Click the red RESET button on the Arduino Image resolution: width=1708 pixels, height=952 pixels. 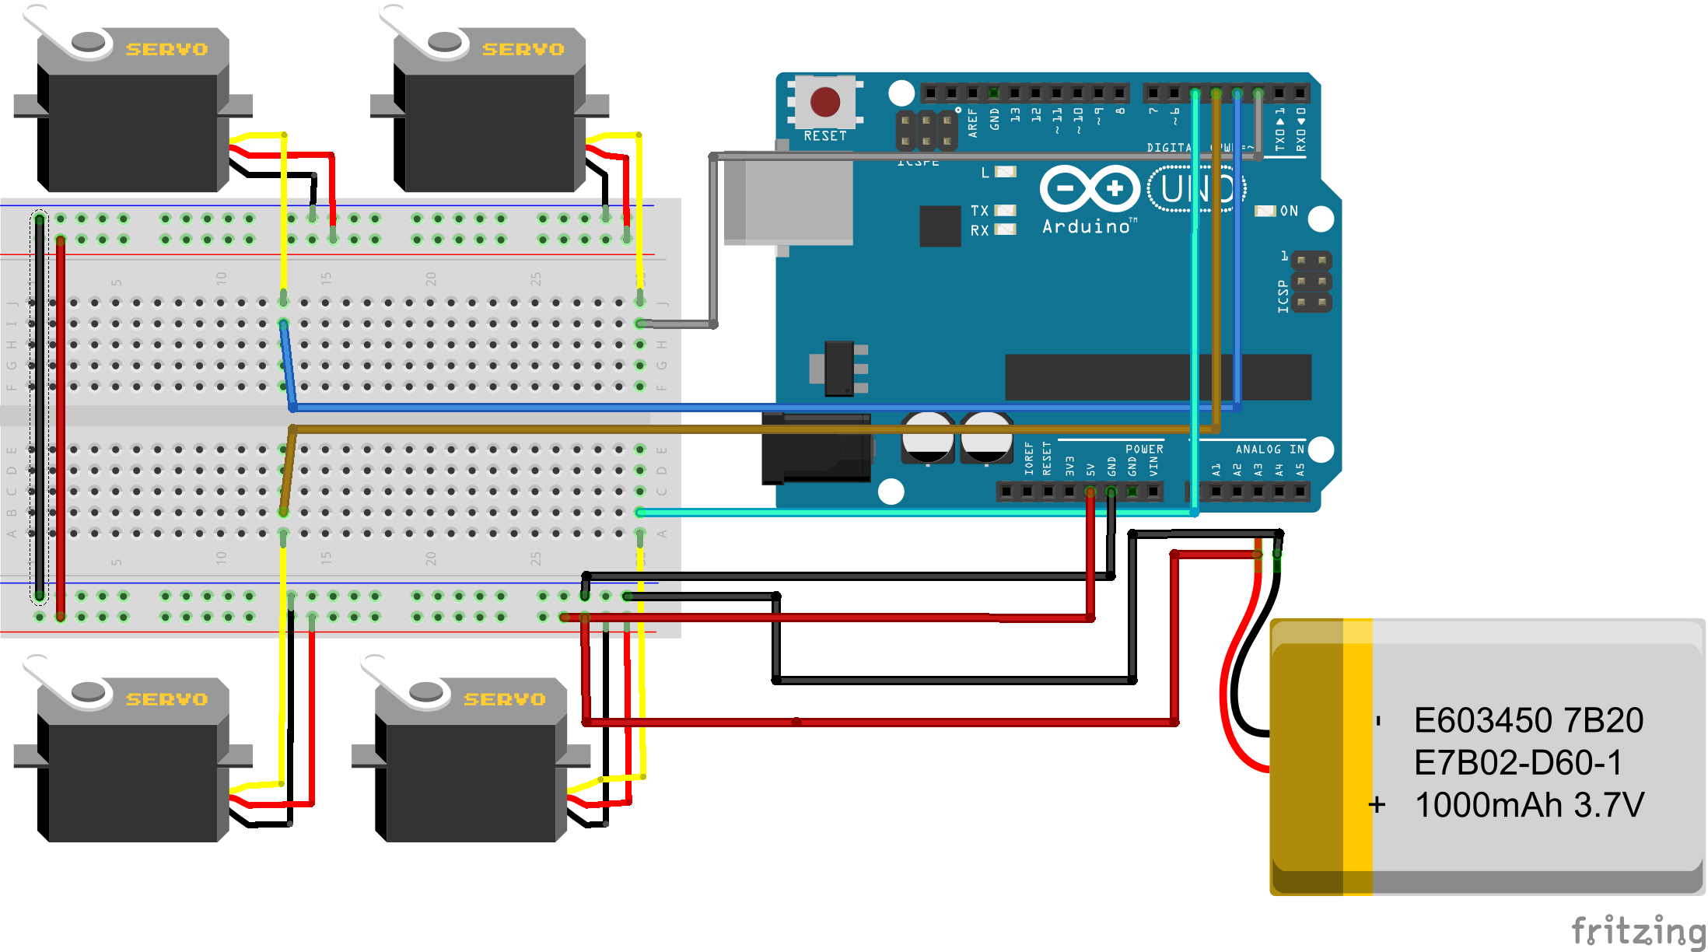[x=824, y=102]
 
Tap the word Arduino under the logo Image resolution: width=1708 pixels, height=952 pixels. [x=1086, y=226]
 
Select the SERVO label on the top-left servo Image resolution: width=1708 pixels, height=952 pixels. [x=167, y=49]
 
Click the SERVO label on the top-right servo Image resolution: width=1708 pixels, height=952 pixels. [x=523, y=49]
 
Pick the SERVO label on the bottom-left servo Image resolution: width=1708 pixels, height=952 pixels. [x=167, y=699]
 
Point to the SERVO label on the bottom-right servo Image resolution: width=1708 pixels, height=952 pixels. [x=505, y=699]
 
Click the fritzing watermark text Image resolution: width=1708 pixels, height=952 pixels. [x=1637, y=930]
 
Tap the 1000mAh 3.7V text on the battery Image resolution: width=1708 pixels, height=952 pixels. [x=1529, y=805]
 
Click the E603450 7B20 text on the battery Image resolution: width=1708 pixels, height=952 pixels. [x=1528, y=720]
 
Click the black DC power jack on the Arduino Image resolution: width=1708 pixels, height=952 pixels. [x=815, y=449]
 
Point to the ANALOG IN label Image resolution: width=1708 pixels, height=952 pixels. [x=1269, y=449]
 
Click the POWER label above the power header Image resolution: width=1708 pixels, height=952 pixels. [x=1144, y=449]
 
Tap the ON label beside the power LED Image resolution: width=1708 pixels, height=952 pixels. [x=1289, y=211]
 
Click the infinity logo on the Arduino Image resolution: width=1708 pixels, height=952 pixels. [x=1090, y=188]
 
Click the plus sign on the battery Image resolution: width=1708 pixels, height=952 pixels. [x=1377, y=804]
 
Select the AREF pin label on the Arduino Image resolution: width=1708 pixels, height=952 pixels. [x=972, y=123]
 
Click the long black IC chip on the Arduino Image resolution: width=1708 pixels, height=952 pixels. [x=1157, y=377]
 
